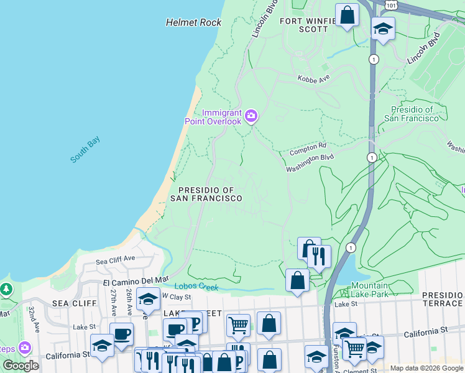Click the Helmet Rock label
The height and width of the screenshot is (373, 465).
(x=193, y=22)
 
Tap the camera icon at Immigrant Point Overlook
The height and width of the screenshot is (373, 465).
(x=251, y=115)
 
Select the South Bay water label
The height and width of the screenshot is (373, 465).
(x=85, y=150)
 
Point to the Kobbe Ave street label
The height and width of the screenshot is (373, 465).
(x=313, y=80)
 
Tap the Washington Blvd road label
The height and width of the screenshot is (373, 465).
(x=310, y=163)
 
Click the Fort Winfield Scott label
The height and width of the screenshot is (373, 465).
(x=305, y=24)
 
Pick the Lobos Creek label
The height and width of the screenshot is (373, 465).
(x=196, y=287)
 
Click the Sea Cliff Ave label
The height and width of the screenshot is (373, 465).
(x=115, y=258)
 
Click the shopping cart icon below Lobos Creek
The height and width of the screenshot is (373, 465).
(x=238, y=324)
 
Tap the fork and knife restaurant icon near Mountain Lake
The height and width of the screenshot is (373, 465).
(x=318, y=255)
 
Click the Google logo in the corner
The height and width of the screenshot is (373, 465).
(x=21, y=366)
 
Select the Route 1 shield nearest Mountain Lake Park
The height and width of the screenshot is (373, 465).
(x=352, y=247)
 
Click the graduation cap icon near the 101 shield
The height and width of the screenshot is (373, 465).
(x=383, y=28)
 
